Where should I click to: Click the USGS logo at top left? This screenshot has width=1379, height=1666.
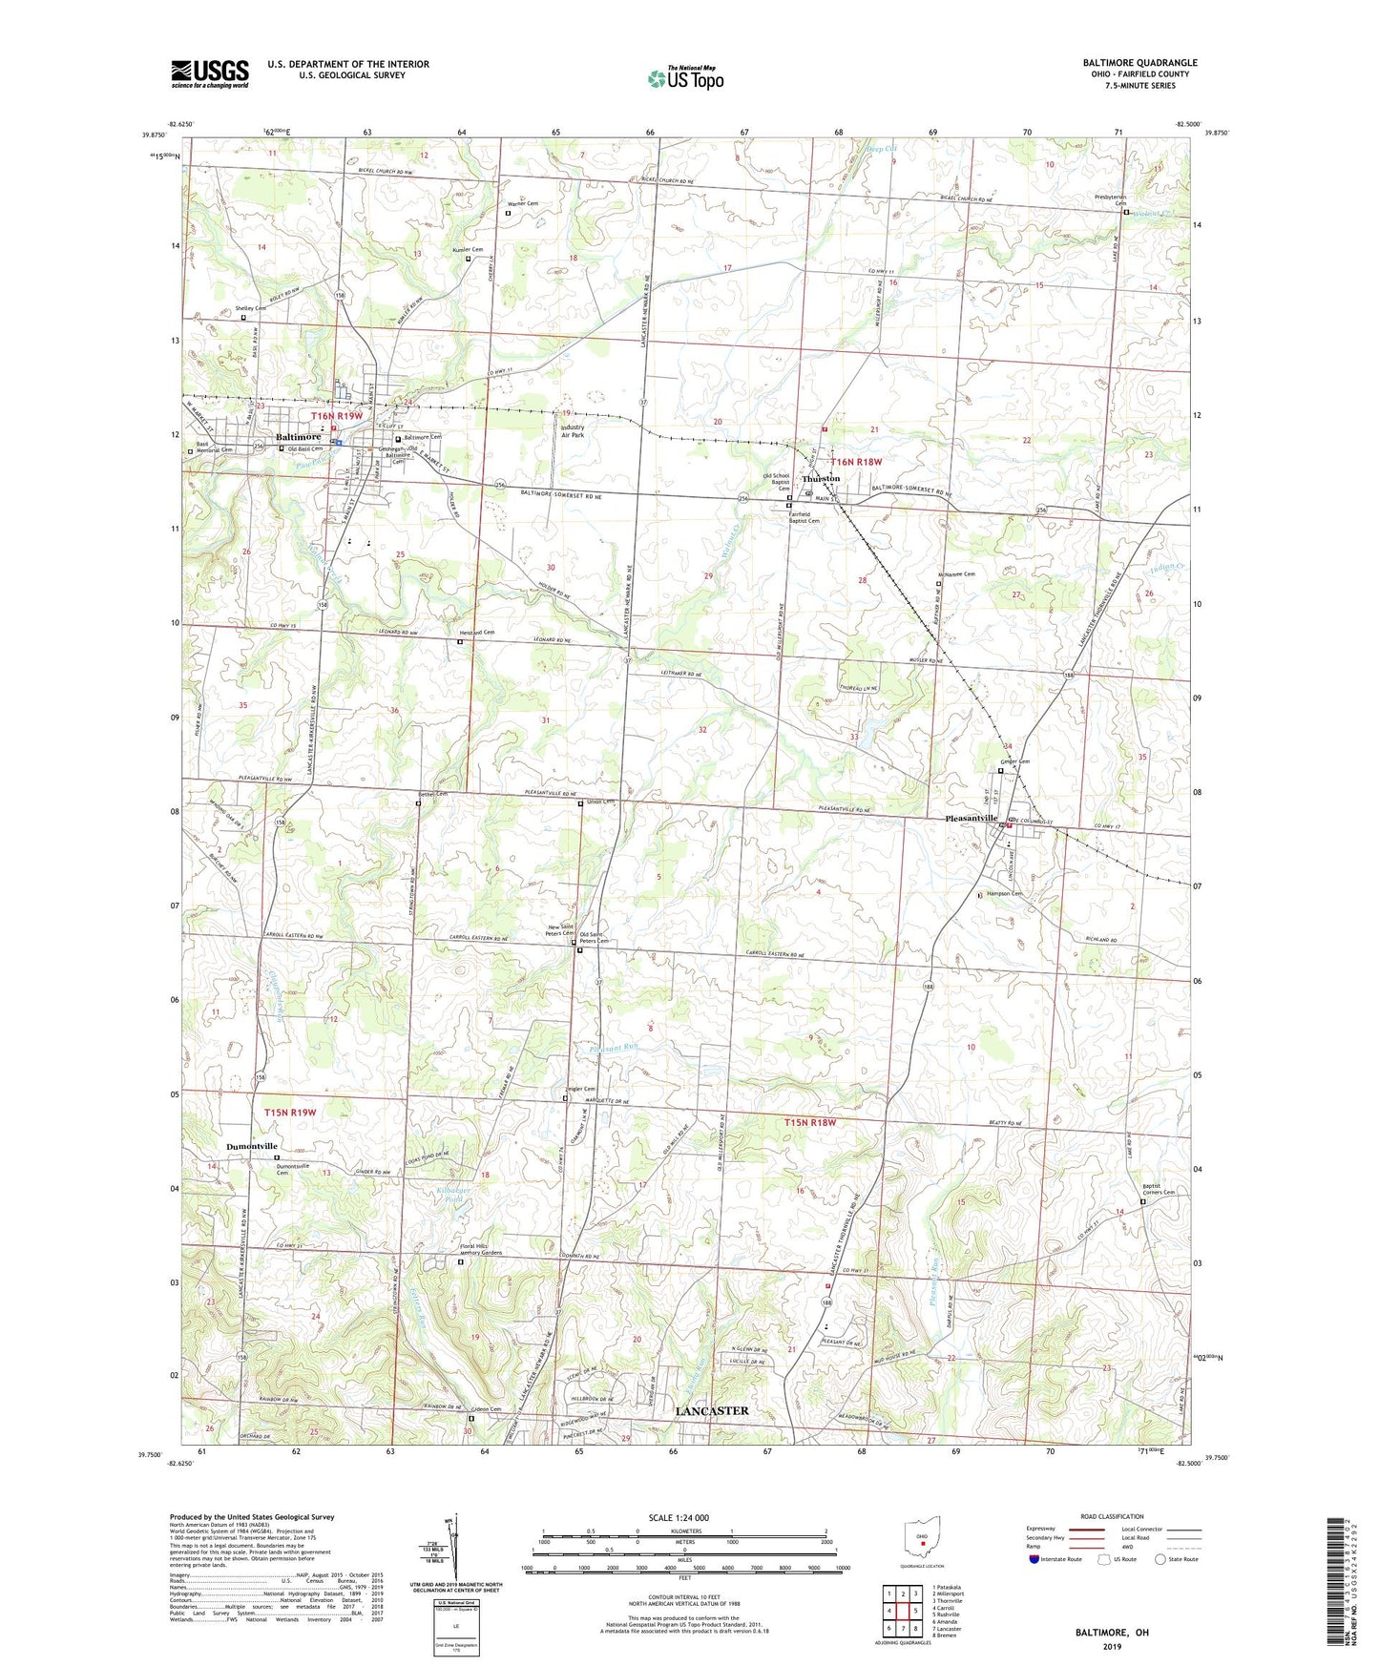pos(210,73)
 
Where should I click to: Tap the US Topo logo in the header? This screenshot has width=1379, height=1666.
pos(684,78)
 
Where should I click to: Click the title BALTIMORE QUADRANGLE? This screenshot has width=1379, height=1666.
pos(1139,63)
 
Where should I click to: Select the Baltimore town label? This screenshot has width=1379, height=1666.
pos(298,437)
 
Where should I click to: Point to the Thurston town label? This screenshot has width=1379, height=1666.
pos(821,478)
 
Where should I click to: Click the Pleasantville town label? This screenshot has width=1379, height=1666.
pos(971,819)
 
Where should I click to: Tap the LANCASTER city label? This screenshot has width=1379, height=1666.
pos(712,1410)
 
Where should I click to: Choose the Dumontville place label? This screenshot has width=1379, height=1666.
pos(252,1146)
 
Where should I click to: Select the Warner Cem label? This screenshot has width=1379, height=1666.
pos(521,203)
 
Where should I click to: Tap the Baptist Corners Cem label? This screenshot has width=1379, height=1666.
pos(1159,1190)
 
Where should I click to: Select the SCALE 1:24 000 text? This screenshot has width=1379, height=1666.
pos(678,1517)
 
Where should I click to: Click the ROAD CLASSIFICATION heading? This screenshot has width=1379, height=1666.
pos(1113,1516)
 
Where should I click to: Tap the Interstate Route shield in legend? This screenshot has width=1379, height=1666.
pos(1035,1559)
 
